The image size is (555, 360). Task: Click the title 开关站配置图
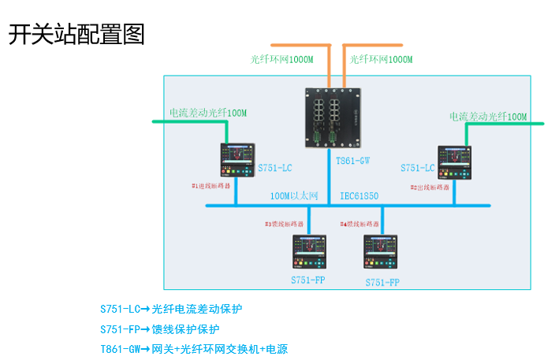[x=76, y=35]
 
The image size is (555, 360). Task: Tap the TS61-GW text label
[x=352, y=161]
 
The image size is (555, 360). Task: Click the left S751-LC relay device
[x=237, y=160]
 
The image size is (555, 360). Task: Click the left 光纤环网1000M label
[x=282, y=59]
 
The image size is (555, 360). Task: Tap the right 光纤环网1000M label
[x=381, y=59]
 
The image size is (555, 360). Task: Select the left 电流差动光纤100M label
[x=208, y=113]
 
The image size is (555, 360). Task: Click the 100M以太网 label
[x=294, y=195]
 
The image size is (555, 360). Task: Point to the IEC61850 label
[x=359, y=195]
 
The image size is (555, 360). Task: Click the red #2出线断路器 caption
[x=430, y=187]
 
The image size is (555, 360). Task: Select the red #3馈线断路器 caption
[x=284, y=224]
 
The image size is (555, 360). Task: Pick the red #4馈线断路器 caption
[x=359, y=224]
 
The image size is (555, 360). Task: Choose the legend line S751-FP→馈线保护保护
[x=160, y=329]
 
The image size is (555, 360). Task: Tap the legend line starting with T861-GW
[x=194, y=349]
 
